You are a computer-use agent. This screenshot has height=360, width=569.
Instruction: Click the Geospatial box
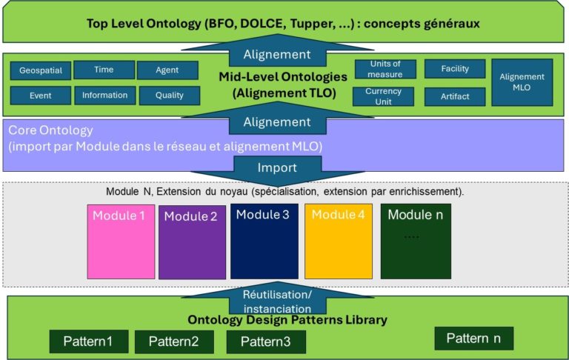41,71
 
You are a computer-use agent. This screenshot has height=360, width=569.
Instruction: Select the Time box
104,70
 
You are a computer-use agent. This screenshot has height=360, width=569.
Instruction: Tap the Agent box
167,70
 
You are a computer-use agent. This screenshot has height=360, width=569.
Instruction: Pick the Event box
41,96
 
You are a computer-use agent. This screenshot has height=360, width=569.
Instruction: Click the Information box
104,95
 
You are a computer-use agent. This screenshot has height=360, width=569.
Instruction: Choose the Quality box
168,96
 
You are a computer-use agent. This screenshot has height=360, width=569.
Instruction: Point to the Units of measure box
384,70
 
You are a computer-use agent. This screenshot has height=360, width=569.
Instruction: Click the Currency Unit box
384,96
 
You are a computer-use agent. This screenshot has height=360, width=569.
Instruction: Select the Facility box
455,69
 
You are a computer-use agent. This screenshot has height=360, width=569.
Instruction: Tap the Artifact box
455,96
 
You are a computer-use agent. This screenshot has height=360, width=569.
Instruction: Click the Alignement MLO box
522,81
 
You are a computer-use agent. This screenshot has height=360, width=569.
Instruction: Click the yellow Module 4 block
338,241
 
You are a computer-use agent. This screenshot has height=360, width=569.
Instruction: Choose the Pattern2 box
174,341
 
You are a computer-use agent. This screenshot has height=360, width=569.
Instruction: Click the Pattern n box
473,339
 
